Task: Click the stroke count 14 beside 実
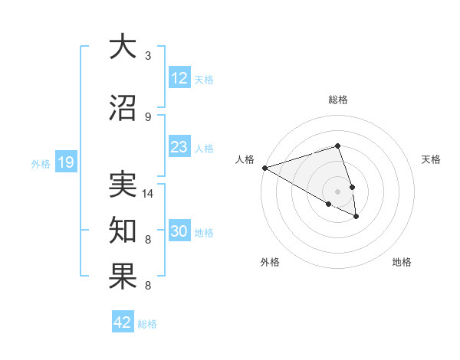(x=148, y=194)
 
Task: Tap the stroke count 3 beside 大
(x=148, y=56)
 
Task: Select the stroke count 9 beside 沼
(x=148, y=116)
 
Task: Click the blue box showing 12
(x=179, y=78)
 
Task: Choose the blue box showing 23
(x=179, y=147)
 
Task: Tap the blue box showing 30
(x=179, y=232)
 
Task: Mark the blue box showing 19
(x=65, y=162)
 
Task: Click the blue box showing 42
(x=123, y=322)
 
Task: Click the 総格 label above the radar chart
(x=338, y=100)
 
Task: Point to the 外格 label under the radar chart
(x=270, y=262)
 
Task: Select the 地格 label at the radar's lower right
(x=402, y=262)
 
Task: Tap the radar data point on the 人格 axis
(x=264, y=168)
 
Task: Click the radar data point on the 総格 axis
(x=338, y=146)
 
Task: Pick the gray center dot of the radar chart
(x=338, y=191)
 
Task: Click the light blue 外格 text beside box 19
(x=40, y=163)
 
